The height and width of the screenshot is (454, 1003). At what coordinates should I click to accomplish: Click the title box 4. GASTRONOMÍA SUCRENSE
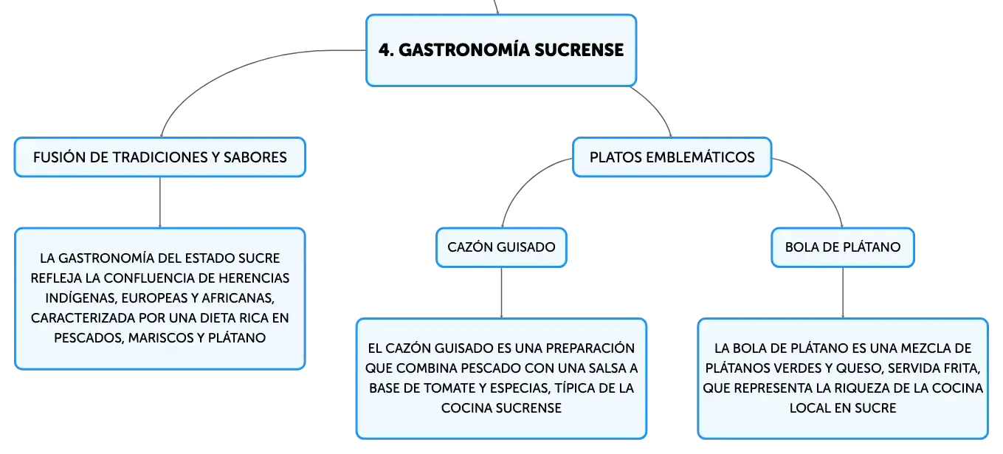point(501,50)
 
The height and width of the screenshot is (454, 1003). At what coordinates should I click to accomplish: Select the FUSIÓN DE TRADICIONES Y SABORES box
point(160,157)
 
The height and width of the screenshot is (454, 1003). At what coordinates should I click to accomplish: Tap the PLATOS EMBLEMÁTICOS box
point(672,157)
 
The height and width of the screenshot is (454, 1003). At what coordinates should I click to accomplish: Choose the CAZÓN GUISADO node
point(502,247)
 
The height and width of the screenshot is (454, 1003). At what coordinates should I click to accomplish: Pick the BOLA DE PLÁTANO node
point(843,247)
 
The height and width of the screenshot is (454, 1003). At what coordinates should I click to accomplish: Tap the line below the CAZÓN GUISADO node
point(502,293)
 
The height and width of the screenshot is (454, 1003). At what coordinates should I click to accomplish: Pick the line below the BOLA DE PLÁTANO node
point(843,293)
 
